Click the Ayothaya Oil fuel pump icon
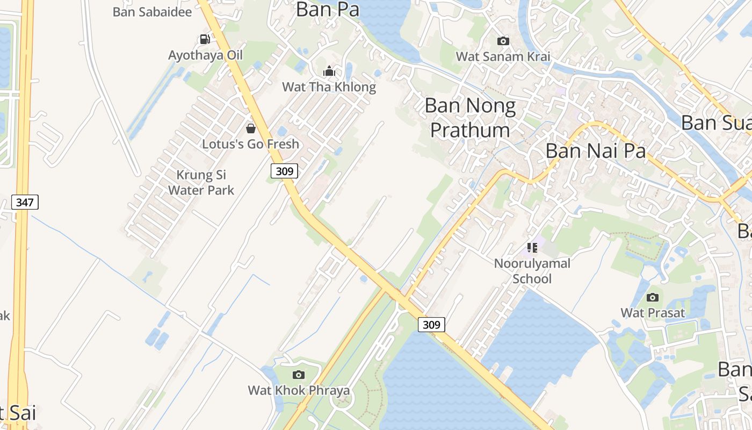point(205,39)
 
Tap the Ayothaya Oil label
point(205,55)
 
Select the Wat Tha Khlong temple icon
point(329,71)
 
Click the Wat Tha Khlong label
point(329,87)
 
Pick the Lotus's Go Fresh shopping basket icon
point(250,128)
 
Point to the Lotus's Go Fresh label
point(250,144)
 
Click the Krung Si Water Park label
point(201,182)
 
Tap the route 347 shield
point(25,203)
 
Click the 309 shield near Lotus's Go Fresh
point(284,171)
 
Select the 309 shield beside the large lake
point(431,325)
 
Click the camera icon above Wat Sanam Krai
point(503,41)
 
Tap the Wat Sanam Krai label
point(503,56)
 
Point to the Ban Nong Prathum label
point(470,118)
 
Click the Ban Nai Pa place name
point(595,151)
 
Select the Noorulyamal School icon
point(532,248)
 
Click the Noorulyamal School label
point(532,271)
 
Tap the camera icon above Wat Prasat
point(653,297)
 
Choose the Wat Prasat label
point(653,313)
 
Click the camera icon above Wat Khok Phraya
point(299,375)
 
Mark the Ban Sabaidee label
point(152,12)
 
